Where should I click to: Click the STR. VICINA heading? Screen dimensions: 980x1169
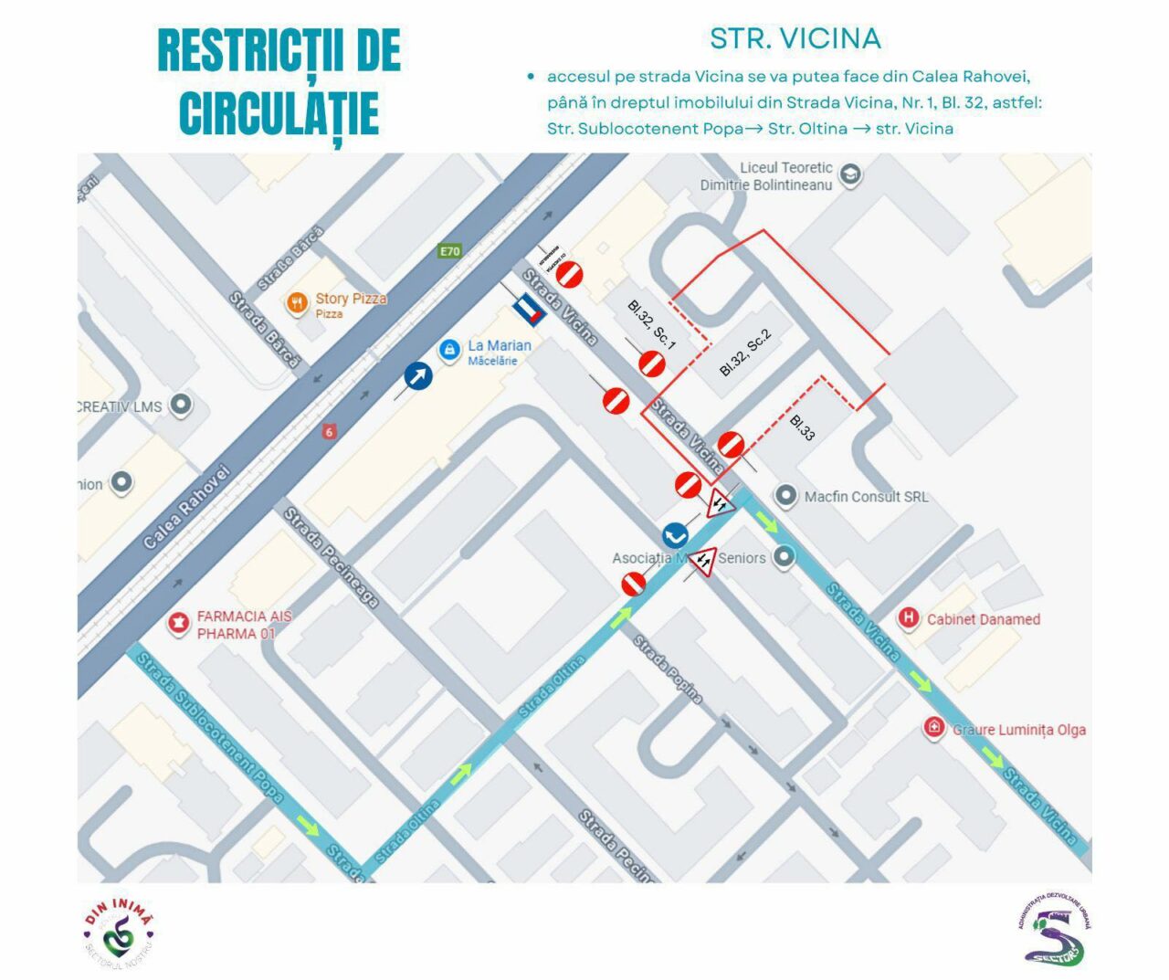[x=795, y=38]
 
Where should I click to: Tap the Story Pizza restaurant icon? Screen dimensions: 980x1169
[x=297, y=303]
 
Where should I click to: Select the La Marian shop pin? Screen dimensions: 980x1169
[x=448, y=350]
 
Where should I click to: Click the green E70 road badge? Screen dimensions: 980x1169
[x=449, y=251]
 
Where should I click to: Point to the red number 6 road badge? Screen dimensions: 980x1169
[x=329, y=432]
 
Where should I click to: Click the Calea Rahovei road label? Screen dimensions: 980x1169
[x=186, y=507]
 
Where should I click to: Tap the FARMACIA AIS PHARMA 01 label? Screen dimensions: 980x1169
[x=236, y=625]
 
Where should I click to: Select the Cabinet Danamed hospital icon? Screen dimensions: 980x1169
[x=908, y=618]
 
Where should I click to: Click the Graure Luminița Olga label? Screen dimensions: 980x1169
[x=1018, y=730]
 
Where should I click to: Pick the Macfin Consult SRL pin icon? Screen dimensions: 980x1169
[x=785, y=496]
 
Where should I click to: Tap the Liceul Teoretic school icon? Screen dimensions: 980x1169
[x=850, y=174]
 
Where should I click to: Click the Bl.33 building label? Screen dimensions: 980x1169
[x=802, y=427]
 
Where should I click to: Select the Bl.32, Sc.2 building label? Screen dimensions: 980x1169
[x=745, y=353]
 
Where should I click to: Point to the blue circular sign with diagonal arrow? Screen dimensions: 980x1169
[x=418, y=375]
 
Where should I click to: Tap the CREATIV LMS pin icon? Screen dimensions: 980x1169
[x=181, y=406]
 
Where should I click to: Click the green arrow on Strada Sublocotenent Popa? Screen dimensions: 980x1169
[x=309, y=827]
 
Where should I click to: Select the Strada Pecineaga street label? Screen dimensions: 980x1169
[x=330, y=557]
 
